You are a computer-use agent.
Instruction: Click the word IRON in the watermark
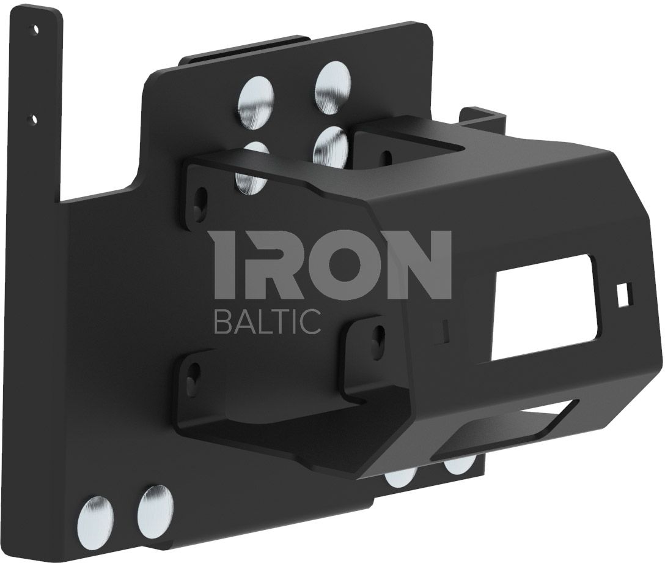[x=333, y=264]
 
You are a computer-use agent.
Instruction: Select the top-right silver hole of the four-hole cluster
[x=333, y=88]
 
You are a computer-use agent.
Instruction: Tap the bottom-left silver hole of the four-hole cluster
[x=252, y=168]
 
